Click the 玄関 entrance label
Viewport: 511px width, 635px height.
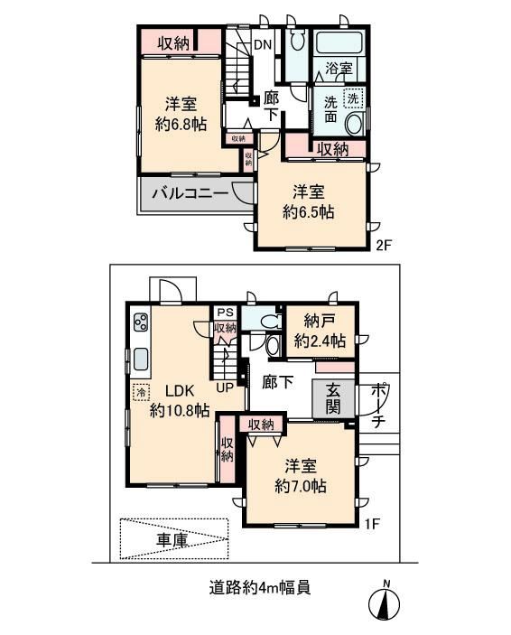click(334, 398)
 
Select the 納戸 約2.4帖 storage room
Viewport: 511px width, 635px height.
click(320, 332)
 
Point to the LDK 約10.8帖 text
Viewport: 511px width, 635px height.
click(180, 400)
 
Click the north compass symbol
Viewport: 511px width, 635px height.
click(384, 602)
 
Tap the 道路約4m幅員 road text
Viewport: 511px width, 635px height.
click(259, 587)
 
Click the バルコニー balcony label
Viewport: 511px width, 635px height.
click(190, 193)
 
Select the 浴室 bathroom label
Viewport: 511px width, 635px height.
click(339, 68)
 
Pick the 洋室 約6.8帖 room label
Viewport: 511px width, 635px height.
click(181, 114)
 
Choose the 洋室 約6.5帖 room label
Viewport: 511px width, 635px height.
click(309, 201)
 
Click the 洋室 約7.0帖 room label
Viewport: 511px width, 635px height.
click(301, 475)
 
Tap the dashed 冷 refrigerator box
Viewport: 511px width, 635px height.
click(142, 392)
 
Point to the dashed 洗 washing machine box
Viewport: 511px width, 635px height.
click(353, 98)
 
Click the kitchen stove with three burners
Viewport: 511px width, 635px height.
click(141, 322)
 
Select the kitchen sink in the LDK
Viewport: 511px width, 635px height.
click(141, 360)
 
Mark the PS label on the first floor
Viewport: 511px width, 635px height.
click(226, 313)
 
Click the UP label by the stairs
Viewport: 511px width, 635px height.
click(225, 388)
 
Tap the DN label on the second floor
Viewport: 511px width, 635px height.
click(263, 44)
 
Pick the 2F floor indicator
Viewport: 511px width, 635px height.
click(383, 246)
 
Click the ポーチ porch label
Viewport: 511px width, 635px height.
click(377, 405)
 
